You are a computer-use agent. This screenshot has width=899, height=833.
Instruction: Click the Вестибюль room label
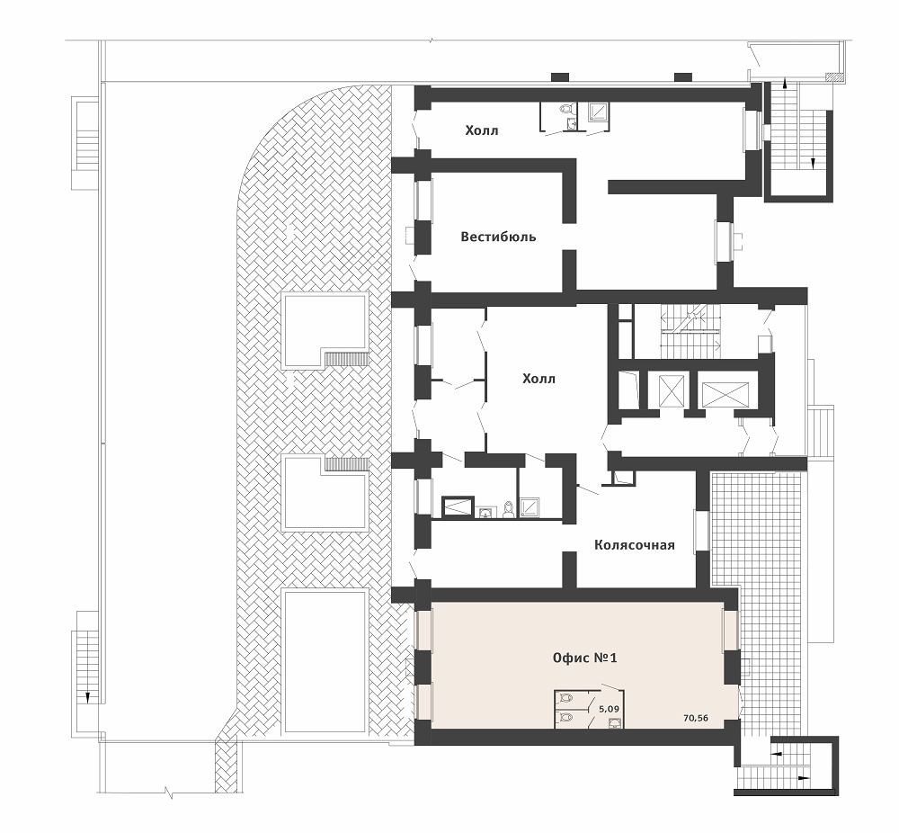(498, 237)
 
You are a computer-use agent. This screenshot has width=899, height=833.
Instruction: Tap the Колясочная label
(634, 544)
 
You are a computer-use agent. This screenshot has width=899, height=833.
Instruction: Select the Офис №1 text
(585, 658)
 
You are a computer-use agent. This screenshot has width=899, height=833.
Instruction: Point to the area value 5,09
(609, 709)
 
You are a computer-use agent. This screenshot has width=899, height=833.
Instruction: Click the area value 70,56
(696, 718)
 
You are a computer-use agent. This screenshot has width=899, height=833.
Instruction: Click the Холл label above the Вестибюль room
(482, 130)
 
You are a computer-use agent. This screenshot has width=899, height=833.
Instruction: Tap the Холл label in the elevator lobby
(539, 379)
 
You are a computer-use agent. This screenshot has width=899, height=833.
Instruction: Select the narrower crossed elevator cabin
(672, 390)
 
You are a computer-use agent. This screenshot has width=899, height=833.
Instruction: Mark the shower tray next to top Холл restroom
(599, 113)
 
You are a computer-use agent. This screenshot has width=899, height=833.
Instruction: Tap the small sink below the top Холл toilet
(570, 124)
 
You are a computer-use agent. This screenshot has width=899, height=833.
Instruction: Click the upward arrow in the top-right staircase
(784, 85)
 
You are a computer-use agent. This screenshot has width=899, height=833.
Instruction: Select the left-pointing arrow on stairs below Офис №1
(777, 752)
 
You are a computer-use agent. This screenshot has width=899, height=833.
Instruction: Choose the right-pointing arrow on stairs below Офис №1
(804, 778)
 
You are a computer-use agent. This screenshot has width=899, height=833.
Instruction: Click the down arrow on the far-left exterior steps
(88, 696)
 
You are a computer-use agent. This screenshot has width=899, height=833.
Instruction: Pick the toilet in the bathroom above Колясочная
(507, 509)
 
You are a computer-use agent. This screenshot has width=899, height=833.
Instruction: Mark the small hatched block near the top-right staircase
(832, 76)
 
